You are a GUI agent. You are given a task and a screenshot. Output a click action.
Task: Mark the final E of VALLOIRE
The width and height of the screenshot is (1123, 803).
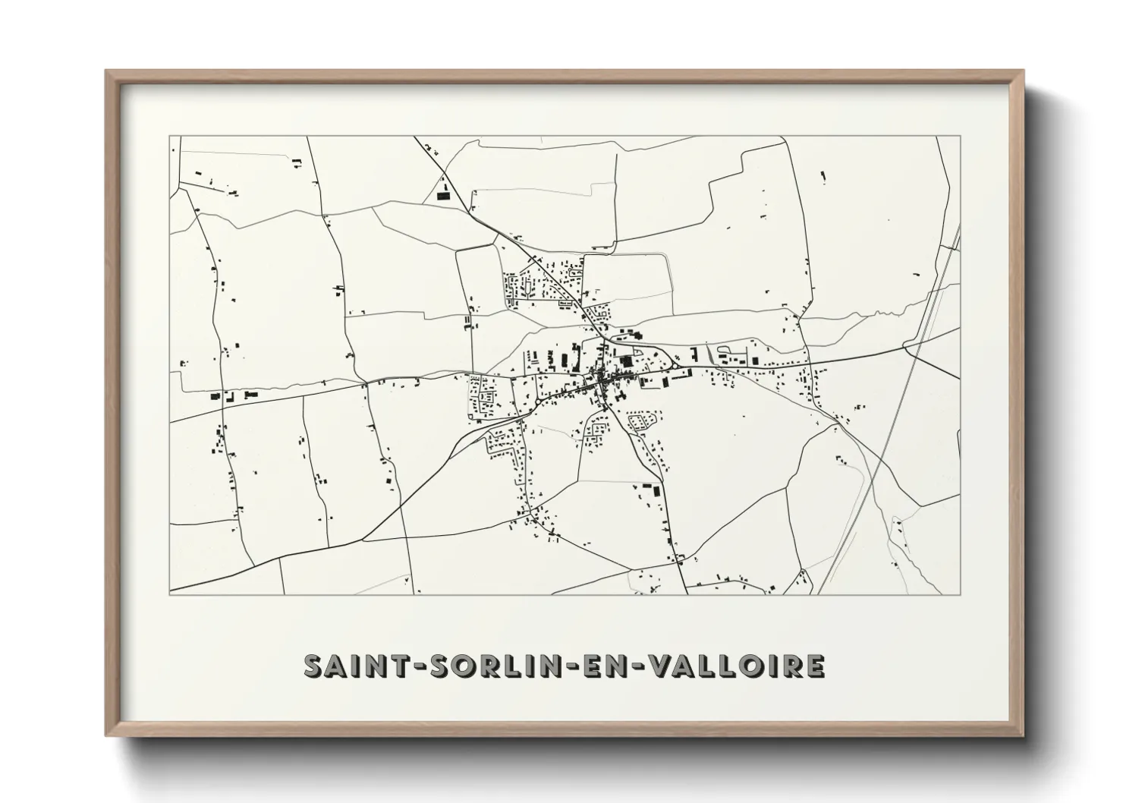[813, 665]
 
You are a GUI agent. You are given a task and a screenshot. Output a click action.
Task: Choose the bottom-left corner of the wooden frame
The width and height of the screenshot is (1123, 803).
[106, 735]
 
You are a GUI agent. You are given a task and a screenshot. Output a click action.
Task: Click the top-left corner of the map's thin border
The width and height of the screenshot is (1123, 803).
[170, 137]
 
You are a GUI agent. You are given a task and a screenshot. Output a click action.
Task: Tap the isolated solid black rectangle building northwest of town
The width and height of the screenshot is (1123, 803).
[443, 196]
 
